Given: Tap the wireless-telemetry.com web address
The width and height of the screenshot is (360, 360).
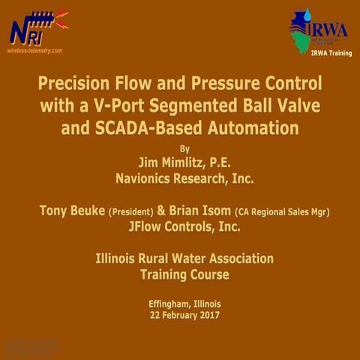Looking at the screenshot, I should (34, 51).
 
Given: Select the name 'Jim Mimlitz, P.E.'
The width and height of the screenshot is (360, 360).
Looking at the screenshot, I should (184, 162).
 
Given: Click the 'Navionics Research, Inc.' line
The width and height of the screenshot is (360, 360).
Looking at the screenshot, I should (184, 178).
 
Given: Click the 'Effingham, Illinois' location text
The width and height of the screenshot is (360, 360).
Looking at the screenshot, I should (184, 304).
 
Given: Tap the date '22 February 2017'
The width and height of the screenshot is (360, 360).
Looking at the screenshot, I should (184, 316).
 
